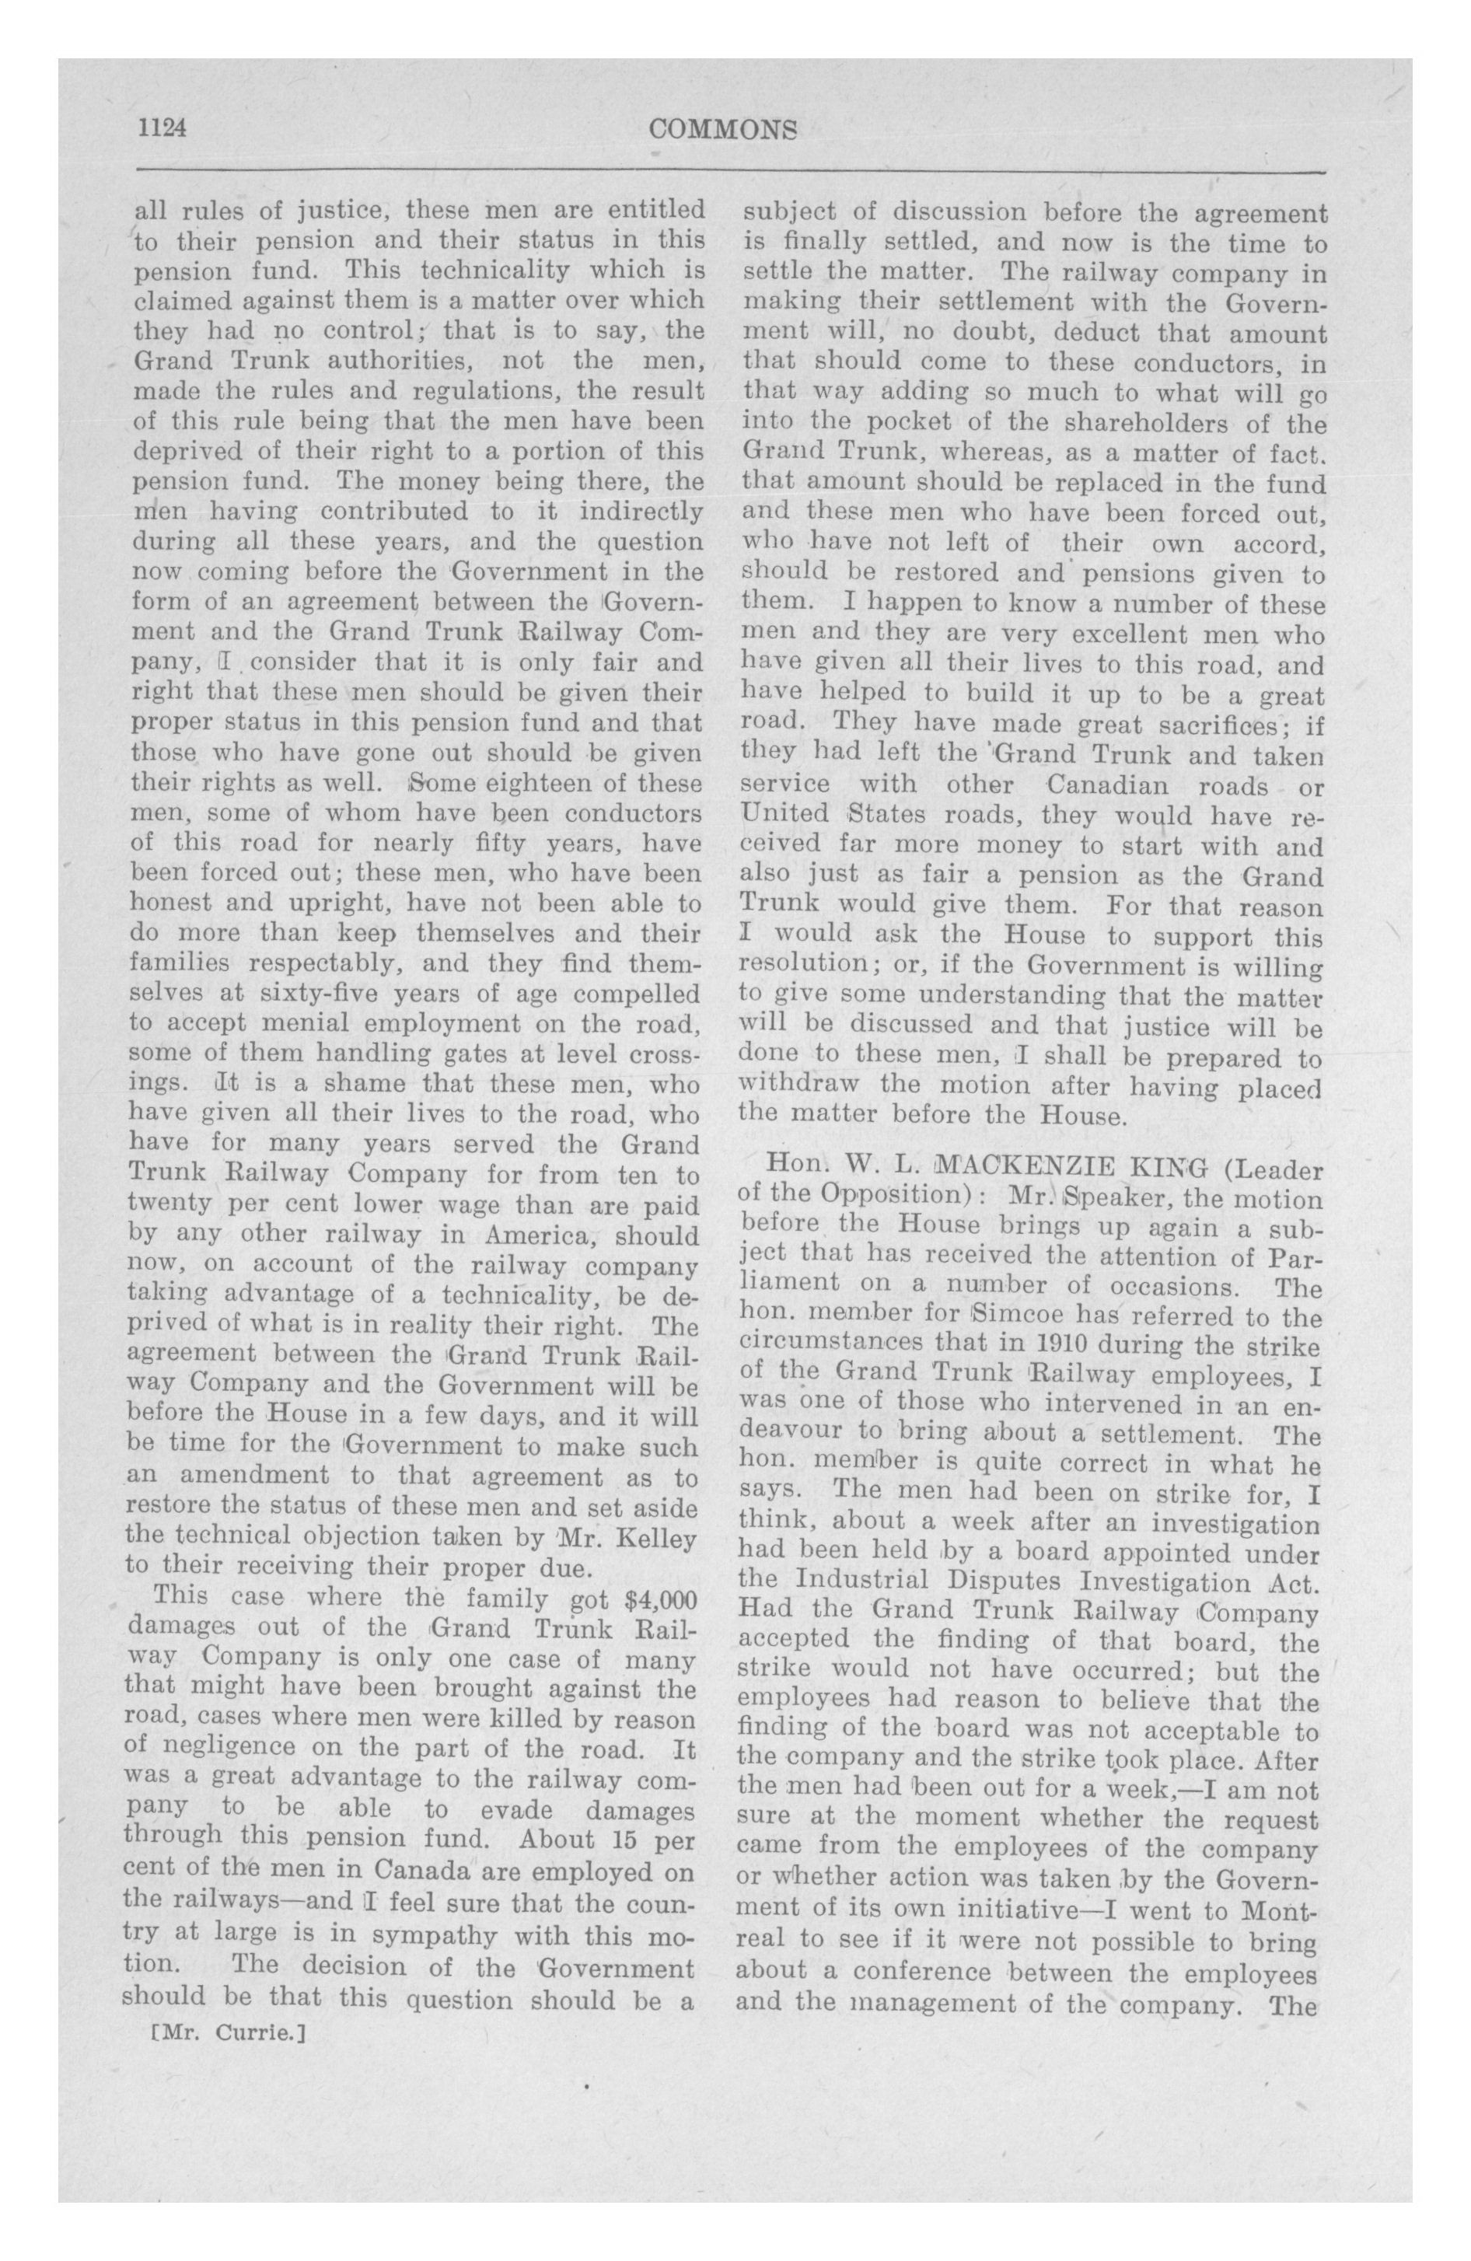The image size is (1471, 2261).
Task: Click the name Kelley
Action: point(657,1537)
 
